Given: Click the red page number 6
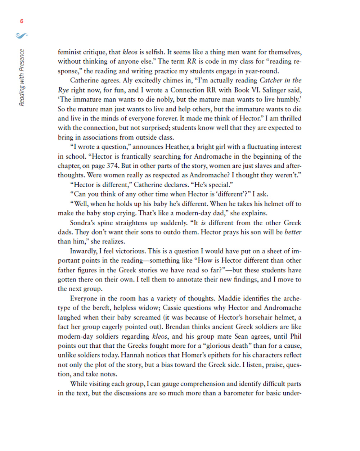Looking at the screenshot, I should pyautogui.click(x=22, y=21).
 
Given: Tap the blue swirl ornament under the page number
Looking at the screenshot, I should pyautogui.click(x=22, y=35).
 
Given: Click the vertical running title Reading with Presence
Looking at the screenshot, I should pyautogui.click(x=22, y=77).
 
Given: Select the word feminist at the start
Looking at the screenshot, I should pyautogui.click(x=70, y=52).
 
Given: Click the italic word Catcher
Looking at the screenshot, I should pyautogui.click(x=271, y=80).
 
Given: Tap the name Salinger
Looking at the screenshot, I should pyautogui.click(x=278, y=90).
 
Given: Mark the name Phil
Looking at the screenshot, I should pyautogui.click(x=296, y=337).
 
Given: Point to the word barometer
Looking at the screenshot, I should pyautogui.click(x=238, y=393).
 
